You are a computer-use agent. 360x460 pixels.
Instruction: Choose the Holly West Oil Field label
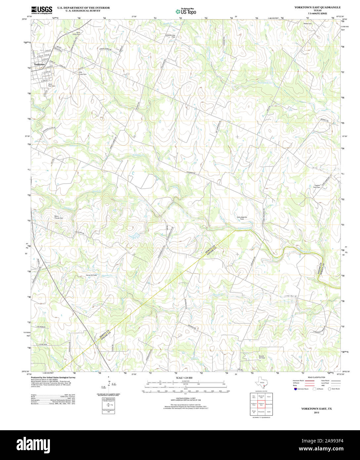point(242,218)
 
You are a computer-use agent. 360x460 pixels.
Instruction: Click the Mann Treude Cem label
point(59,217)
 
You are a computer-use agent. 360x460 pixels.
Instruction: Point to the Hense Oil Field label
point(91,275)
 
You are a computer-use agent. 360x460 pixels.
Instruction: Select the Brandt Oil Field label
point(262,357)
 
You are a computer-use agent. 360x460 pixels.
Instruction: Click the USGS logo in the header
point(42,10)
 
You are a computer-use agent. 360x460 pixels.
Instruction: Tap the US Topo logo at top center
point(186,11)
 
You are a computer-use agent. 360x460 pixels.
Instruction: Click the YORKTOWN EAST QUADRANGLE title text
point(313,7)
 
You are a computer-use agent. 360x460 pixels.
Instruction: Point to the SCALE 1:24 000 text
point(184,378)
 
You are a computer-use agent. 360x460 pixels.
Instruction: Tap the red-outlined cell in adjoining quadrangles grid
point(261,404)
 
